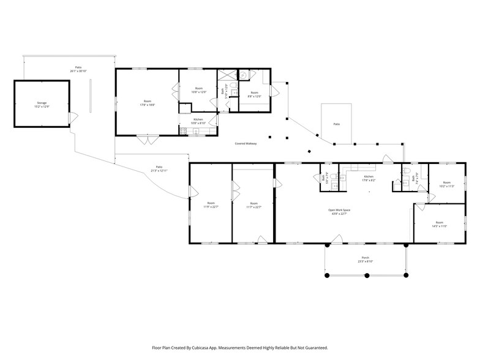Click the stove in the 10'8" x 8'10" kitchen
(183, 130)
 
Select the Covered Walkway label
(246, 143)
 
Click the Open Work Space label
(339, 212)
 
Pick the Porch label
(365, 259)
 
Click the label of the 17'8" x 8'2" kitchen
(369, 178)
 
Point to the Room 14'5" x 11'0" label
(439, 224)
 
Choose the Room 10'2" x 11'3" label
(446, 184)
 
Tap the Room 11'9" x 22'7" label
(211, 204)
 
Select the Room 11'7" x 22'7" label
(254, 204)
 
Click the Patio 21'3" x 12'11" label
(159, 168)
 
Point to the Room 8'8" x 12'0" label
(253, 94)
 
